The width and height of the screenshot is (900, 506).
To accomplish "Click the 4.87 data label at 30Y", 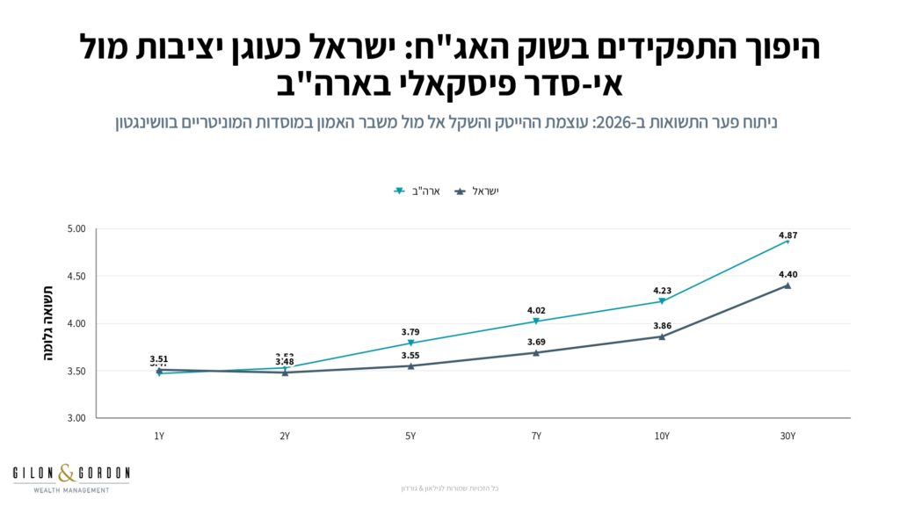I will (x=787, y=235).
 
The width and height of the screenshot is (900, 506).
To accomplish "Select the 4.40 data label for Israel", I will (x=787, y=275).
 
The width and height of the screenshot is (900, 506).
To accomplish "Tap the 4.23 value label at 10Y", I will (x=662, y=291).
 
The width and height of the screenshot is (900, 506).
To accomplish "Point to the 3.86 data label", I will (x=662, y=326).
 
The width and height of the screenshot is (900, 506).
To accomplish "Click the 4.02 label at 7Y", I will (x=536, y=310).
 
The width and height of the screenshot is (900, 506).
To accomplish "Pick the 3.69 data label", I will (x=536, y=342).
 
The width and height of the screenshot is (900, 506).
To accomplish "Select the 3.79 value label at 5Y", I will (x=410, y=332).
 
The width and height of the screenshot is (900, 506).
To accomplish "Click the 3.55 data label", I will (x=410, y=356).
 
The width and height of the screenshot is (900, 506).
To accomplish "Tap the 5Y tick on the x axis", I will (x=410, y=437).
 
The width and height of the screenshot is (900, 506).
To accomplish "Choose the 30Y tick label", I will (x=787, y=437).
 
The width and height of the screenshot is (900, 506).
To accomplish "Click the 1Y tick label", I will (x=159, y=437).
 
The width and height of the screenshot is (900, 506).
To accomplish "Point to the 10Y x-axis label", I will (x=662, y=437).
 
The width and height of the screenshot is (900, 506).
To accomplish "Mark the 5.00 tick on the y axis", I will (x=76, y=229).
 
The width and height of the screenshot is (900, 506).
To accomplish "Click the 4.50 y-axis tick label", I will (x=76, y=277).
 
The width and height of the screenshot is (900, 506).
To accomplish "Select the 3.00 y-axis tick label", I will (x=76, y=418).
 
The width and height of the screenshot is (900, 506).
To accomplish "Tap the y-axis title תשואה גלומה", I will (x=48, y=323).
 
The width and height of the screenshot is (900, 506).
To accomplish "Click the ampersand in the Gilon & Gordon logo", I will (x=68, y=475).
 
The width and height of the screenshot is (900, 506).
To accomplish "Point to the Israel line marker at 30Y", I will (x=787, y=286).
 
